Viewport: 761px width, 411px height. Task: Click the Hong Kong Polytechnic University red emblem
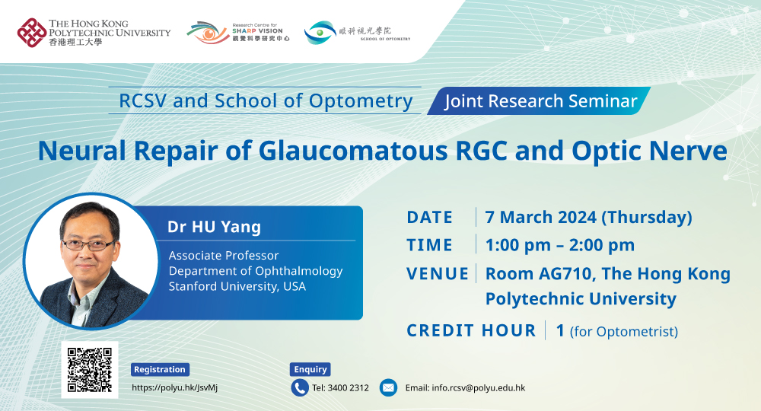31,33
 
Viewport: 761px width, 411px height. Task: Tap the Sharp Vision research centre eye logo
208,33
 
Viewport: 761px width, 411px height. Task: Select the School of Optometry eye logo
320,33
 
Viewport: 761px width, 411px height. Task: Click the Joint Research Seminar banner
539,101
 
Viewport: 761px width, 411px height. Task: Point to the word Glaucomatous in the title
353,151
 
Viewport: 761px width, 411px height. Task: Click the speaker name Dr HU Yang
214,227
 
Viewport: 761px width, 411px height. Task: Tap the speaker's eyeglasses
88,244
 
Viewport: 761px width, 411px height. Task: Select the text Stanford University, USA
237,286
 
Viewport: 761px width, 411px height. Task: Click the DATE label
429,218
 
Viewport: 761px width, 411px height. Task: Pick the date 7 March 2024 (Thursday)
589,218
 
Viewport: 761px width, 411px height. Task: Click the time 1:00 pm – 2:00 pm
560,245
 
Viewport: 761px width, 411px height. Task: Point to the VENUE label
438,274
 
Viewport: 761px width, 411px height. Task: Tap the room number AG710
567,274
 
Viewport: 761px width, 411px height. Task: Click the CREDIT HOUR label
471,330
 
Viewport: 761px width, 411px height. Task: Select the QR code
90,370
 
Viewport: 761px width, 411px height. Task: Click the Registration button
160,369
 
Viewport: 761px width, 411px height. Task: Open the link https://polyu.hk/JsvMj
175,387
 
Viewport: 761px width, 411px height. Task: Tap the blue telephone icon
300,387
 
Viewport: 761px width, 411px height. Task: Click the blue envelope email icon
388,387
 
